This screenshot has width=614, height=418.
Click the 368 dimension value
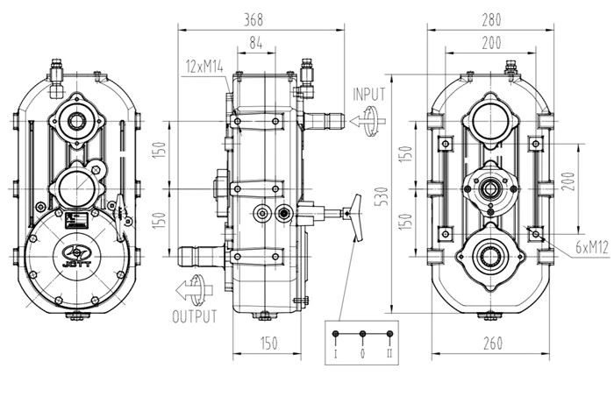pos(253,19)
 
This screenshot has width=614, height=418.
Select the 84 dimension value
pos(256,43)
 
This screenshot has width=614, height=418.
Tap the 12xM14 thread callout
pos(204,67)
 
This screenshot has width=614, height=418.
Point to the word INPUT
pos(369,95)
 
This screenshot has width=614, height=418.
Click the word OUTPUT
pos(195,316)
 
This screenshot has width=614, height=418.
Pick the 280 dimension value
pos(491,19)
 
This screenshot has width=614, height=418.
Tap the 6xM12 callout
pos(592,247)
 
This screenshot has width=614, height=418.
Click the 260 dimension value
pos(493,344)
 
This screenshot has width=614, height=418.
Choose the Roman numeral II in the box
pos(389,353)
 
